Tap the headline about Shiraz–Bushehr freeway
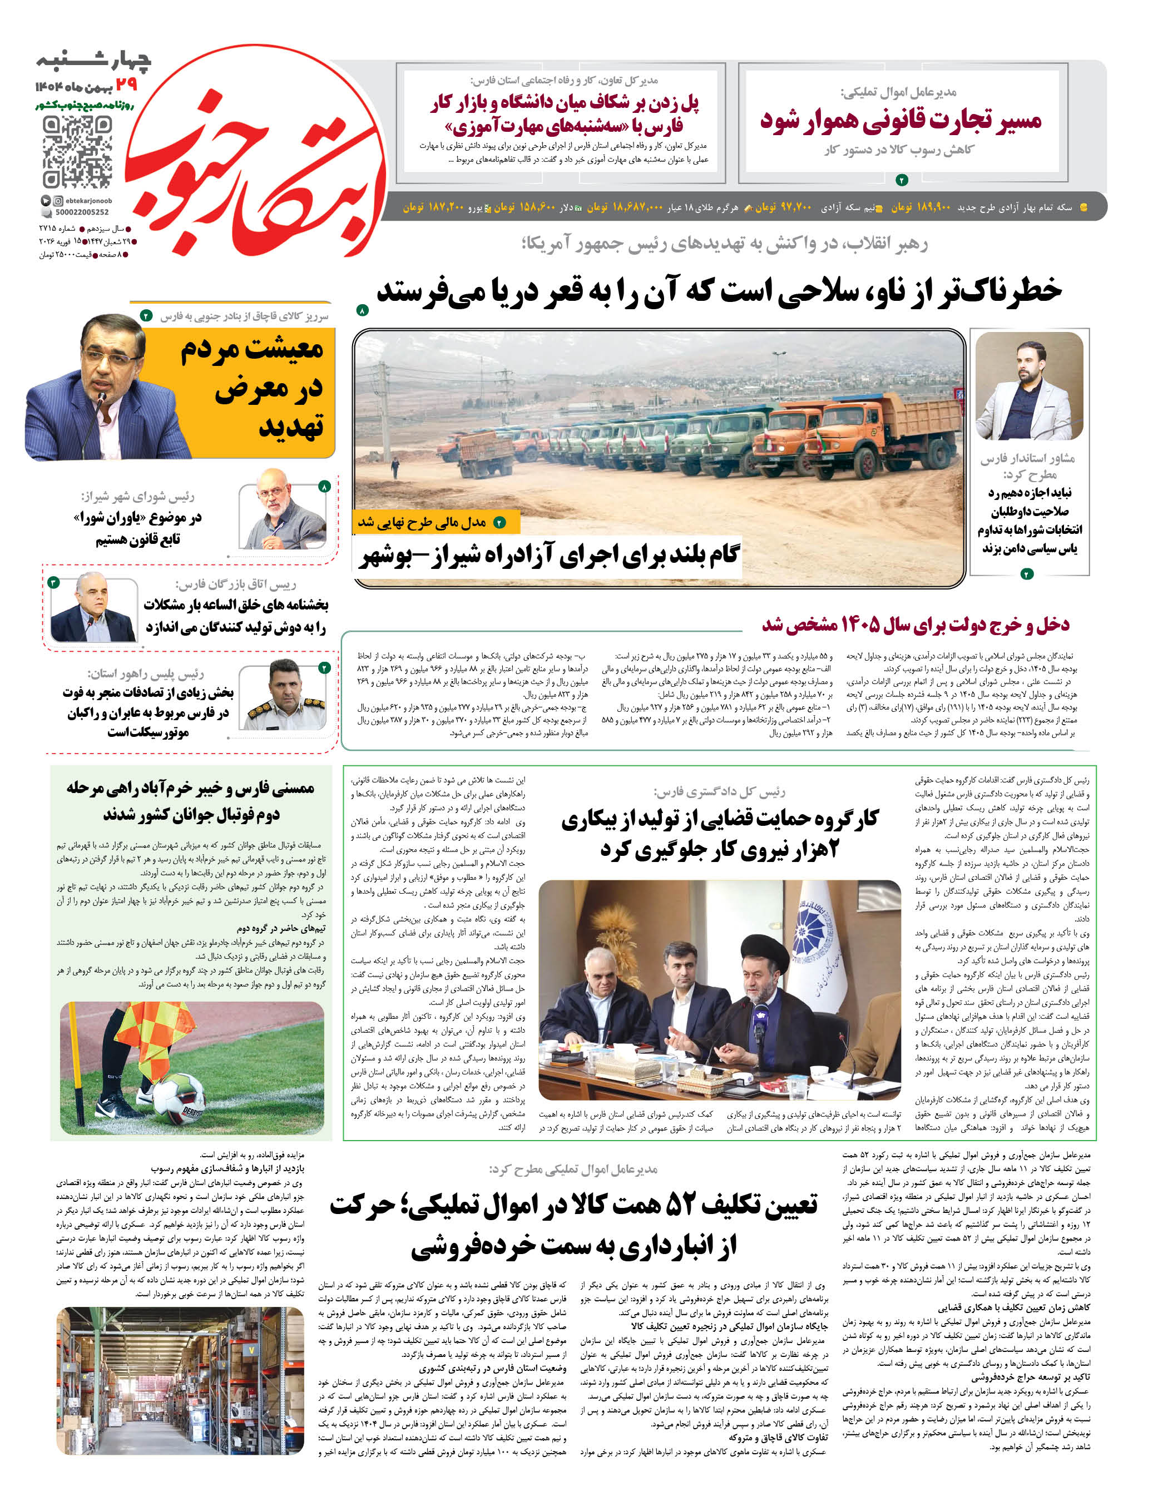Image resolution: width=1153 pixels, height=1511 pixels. pos(549,555)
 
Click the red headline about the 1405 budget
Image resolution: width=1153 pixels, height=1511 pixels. pos(915,625)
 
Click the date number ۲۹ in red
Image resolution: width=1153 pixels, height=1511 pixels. pos(126,85)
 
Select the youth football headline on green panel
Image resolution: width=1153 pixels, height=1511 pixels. pos(191,801)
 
